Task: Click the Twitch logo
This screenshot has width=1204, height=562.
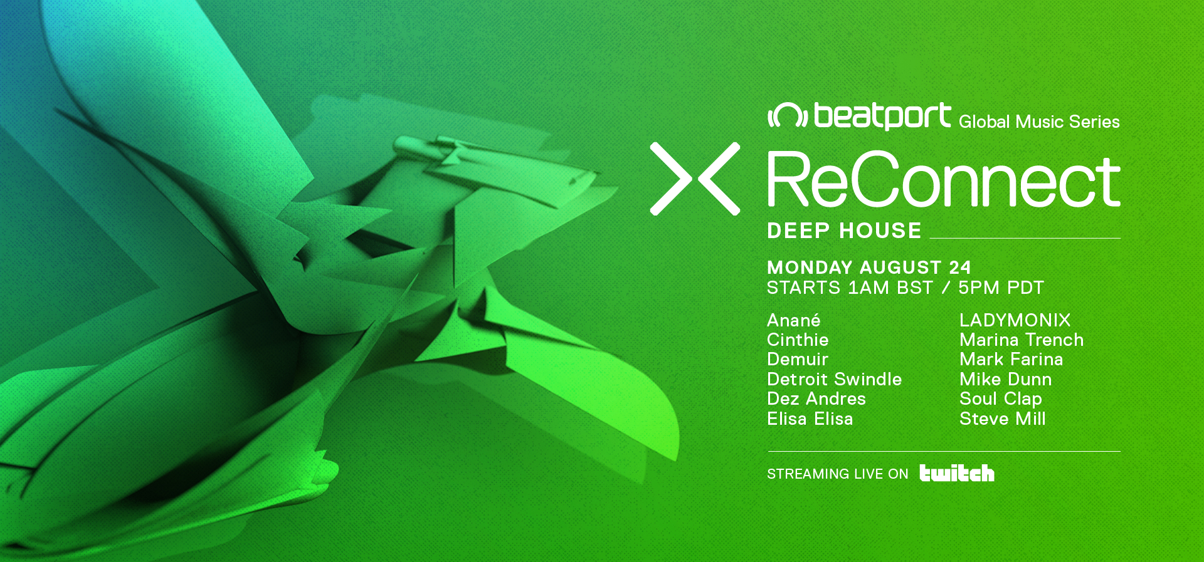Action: (956, 473)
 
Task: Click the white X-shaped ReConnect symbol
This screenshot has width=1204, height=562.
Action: (695, 179)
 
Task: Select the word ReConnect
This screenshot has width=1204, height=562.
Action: (944, 180)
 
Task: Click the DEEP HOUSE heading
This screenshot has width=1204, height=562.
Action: (844, 231)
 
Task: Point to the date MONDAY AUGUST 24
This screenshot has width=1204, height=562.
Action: (869, 268)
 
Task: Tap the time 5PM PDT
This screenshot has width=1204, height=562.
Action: (1001, 288)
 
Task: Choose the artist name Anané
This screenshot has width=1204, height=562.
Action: (793, 320)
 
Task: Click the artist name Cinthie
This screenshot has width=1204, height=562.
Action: (798, 340)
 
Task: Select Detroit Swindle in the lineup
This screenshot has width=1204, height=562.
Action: (834, 379)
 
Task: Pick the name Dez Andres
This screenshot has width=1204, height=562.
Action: (816, 398)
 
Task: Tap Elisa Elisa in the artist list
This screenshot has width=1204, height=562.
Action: (810, 419)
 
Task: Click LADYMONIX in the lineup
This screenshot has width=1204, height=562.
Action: (1015, 320)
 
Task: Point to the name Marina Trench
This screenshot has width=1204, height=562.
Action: (1022, 340)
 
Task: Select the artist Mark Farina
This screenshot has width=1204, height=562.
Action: (1011, 359)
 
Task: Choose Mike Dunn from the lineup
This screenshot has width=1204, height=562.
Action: (1005, 379)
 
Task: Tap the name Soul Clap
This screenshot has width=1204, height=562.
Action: (1001, 399)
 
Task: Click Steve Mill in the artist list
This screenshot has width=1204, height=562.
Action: (1002, 419)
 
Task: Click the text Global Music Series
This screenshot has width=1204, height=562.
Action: (1039, 122)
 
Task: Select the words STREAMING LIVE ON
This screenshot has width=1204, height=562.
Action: (837, 474)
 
